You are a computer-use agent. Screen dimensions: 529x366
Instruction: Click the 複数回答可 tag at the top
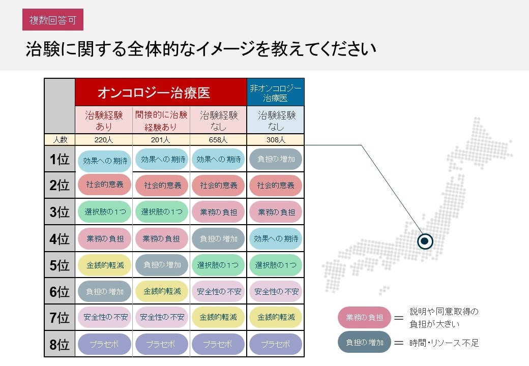click(x=53, y=20)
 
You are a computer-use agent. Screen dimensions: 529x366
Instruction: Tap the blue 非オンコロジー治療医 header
click(x=275, y=93)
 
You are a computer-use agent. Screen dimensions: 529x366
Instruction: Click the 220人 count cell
click(x=104, y=140)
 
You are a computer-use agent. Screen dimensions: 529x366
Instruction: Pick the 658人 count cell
click(x=218, y=140)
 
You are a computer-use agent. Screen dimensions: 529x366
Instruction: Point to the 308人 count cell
click(x=276, y=140)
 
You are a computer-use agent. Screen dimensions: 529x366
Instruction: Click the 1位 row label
click(x=60, y=159)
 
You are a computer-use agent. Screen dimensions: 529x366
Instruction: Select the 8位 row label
click(x=60, y=345)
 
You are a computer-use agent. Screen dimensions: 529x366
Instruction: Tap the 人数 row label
click(x=60, y=140)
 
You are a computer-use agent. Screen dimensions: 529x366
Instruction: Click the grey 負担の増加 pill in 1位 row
click(x=276, y=159)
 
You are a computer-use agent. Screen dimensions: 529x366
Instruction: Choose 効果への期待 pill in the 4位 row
click(x=276, y=238)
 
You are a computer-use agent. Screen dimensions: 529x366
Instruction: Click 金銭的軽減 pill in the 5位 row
click(x=104, y=265)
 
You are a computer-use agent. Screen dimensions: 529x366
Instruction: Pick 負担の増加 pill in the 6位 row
click(x=104, y=291)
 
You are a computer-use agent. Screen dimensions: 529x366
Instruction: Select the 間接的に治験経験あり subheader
click(x=161, y=120)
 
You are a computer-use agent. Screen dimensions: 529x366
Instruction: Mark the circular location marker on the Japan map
click(x=425, y=241)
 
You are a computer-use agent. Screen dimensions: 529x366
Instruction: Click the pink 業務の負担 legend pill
click(x=364, y=317)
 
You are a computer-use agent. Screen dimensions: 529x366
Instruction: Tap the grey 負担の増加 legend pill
click(x=364, y=342)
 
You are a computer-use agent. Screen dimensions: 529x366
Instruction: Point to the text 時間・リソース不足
click(x=444, y=343)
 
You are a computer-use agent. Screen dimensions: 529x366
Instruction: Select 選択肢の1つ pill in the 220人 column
click(x=104, y=212)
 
